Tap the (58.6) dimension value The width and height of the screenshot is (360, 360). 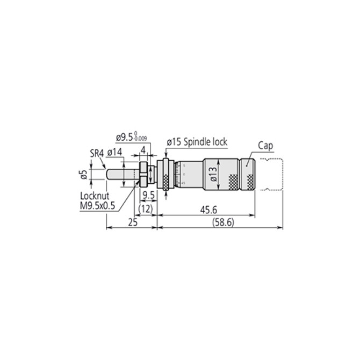click(221, 222)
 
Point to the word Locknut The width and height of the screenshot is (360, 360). click(94, 197)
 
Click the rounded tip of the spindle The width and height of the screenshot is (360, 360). click(107, 175)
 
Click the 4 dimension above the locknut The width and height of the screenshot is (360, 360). click(143, 149)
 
